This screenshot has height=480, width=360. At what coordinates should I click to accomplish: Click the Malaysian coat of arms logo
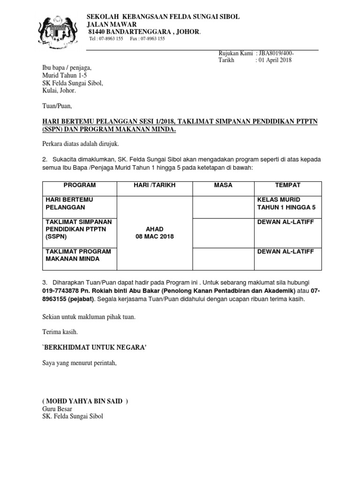(x=60, y=30)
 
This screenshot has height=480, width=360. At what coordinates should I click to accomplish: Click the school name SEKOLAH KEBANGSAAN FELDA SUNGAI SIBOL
(x=164, y=16)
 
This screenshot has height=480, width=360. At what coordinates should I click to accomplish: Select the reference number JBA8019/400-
(x=275, y=54)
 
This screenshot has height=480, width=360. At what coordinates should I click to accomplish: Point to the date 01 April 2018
(x=273, y=60)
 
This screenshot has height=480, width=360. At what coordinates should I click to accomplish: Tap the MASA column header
(x=223, y=186)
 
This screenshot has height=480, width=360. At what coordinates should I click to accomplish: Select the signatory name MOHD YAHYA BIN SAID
(x=85, y=401)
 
